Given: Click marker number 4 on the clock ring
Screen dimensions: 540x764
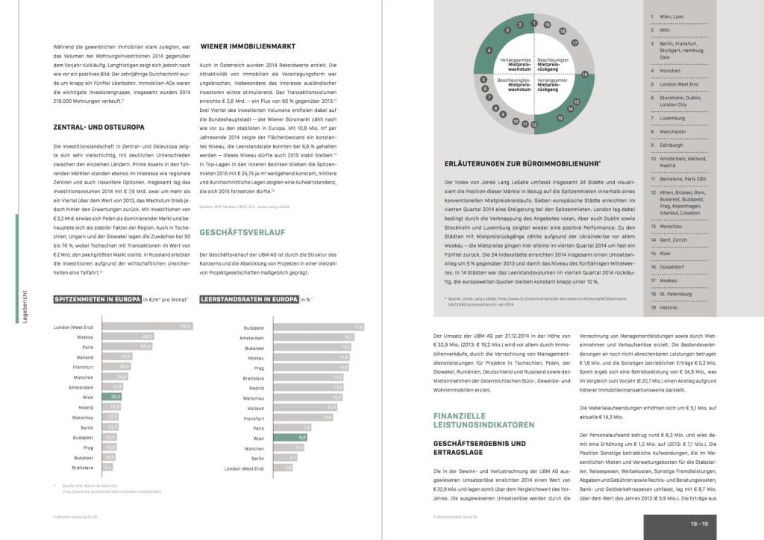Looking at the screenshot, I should coord(489,51).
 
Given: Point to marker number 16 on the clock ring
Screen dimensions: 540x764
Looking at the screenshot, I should coord(586,75).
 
